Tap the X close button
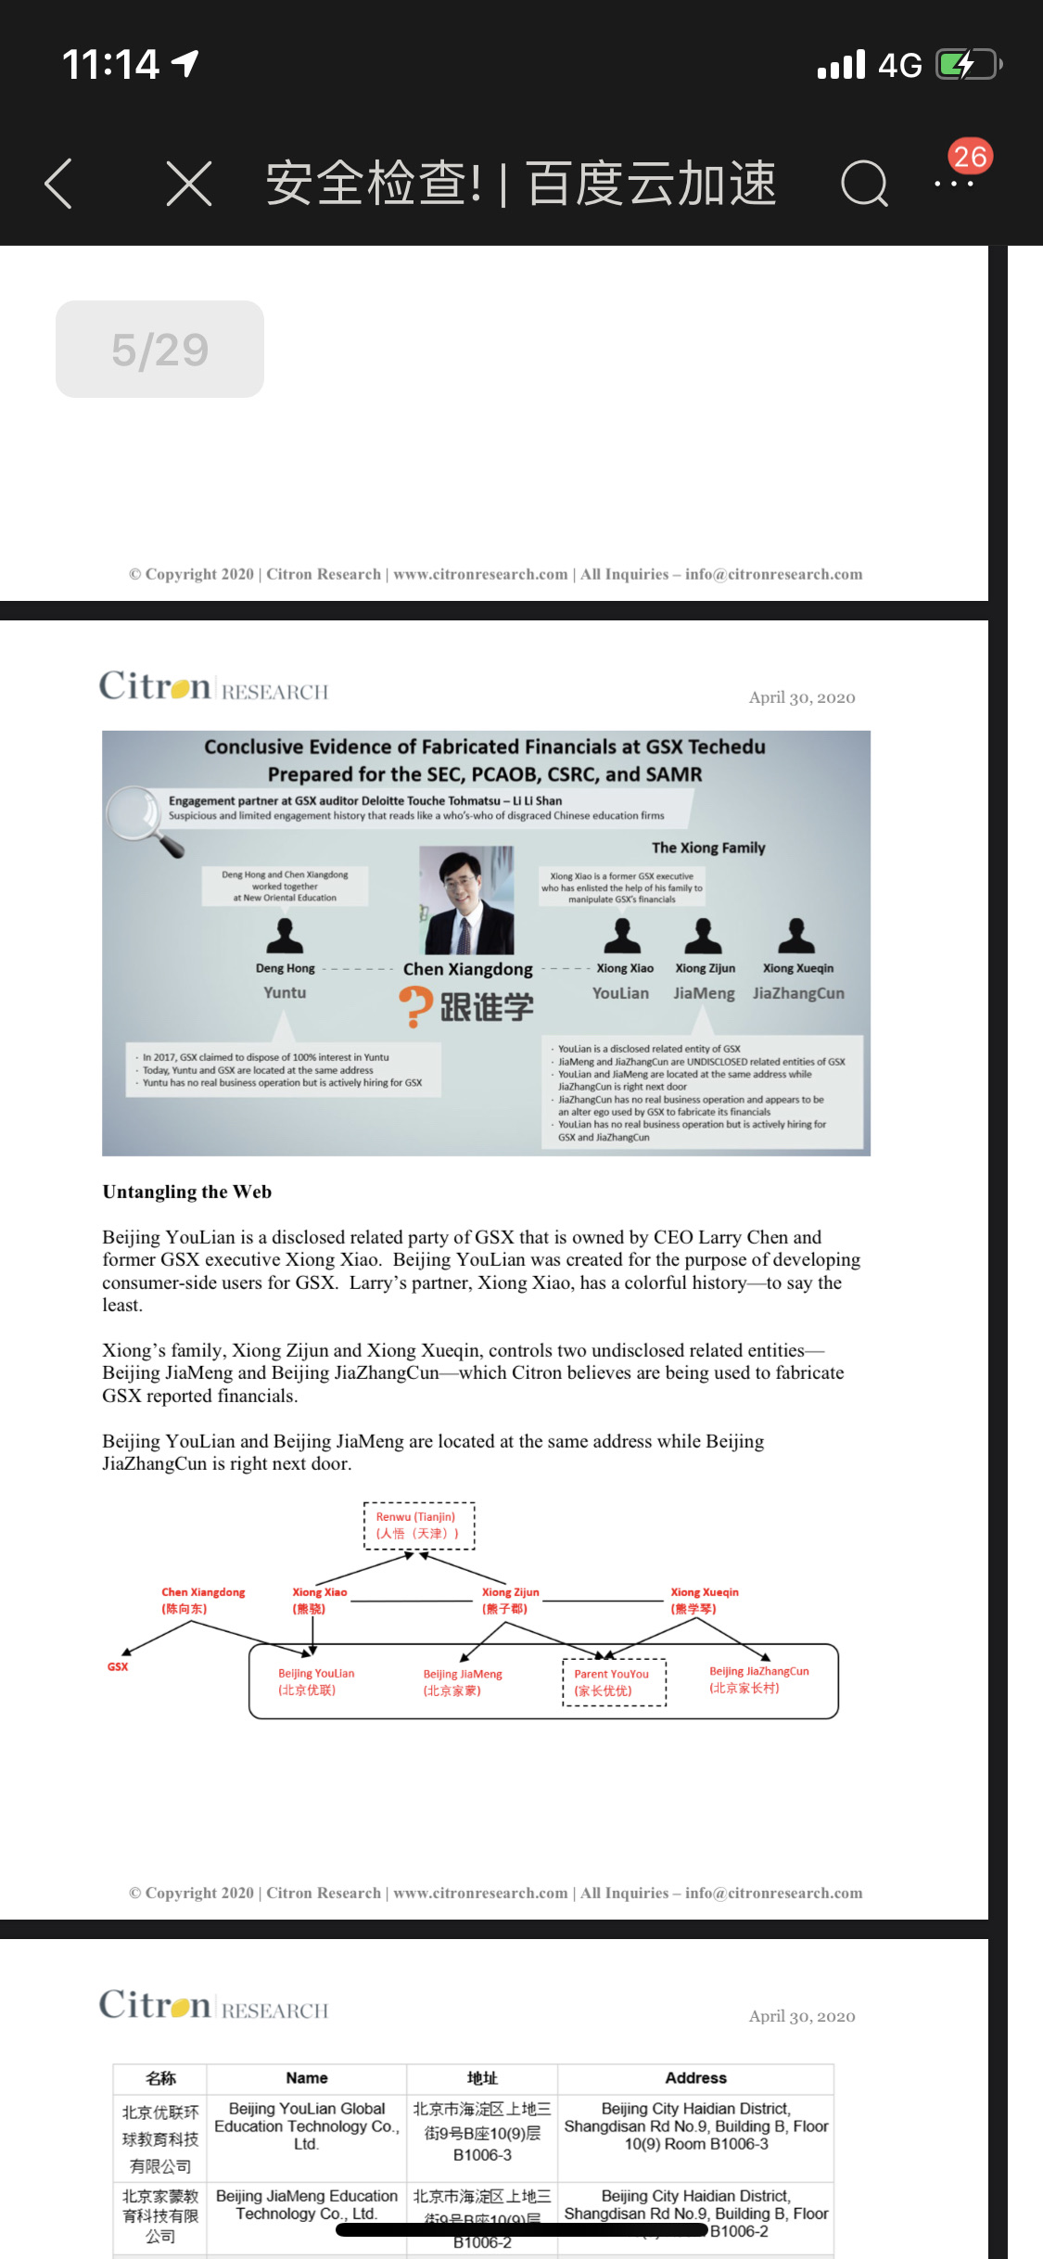tap(189, 183)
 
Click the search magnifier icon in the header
tap(864, 183)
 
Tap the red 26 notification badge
tap(970, 156)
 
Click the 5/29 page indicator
tap(159, 350)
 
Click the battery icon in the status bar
tap(967, 65)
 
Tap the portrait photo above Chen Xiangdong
tap(466, 900)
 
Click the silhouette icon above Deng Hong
tap(285, 937)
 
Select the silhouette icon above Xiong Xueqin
tap(796, 937)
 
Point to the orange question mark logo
tap(416, 1006)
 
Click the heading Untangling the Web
tap(187, 1192)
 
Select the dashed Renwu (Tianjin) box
tap(419, 1525)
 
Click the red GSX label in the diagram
tap(118, 1666)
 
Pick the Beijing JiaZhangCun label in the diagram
tap(758, 1678)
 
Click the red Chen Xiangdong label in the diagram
tap(203, 1600)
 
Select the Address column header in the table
tap(695, 2078)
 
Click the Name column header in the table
tap(307, 2078)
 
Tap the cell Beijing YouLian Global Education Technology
tap(307, 2125)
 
